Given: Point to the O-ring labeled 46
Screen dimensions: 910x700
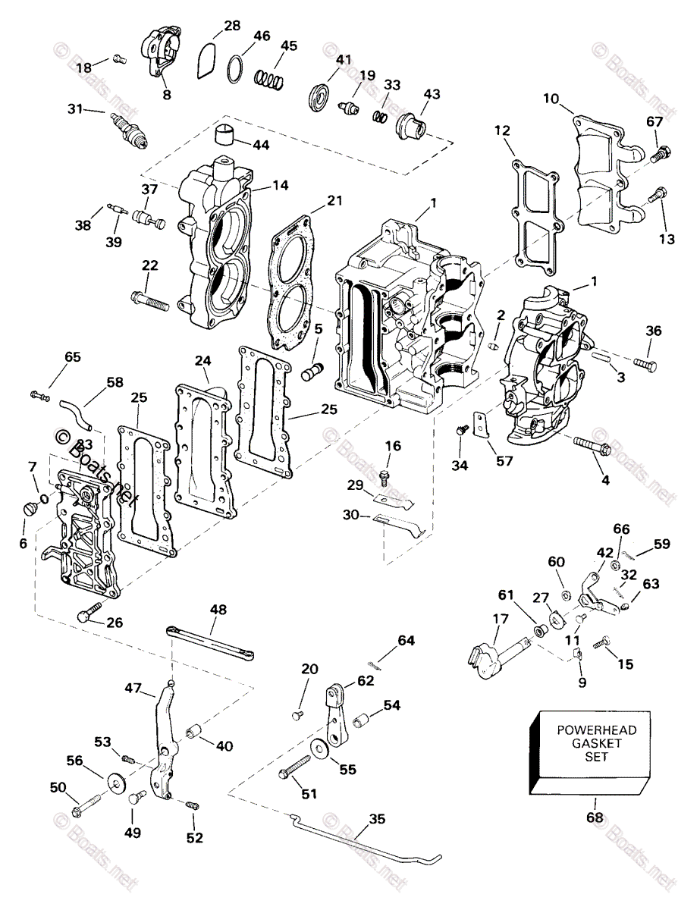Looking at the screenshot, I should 236,69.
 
